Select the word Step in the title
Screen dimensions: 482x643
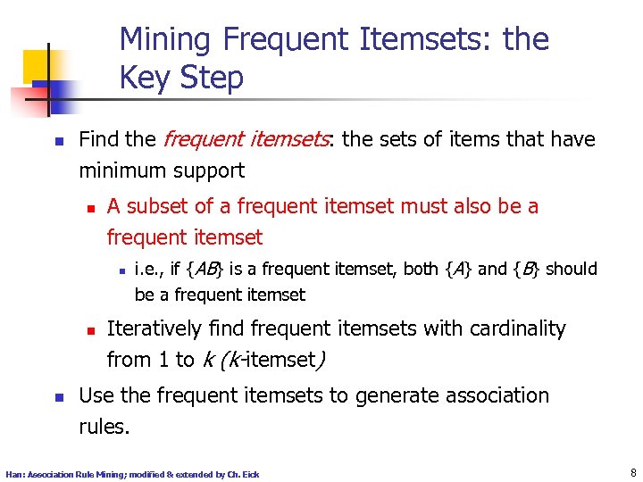point(211,79)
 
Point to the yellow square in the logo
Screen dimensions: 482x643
point(39,64)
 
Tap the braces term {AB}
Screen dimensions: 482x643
point(210,269)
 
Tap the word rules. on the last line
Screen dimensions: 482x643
point(104,427)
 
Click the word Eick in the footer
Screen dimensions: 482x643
point(250,474)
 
